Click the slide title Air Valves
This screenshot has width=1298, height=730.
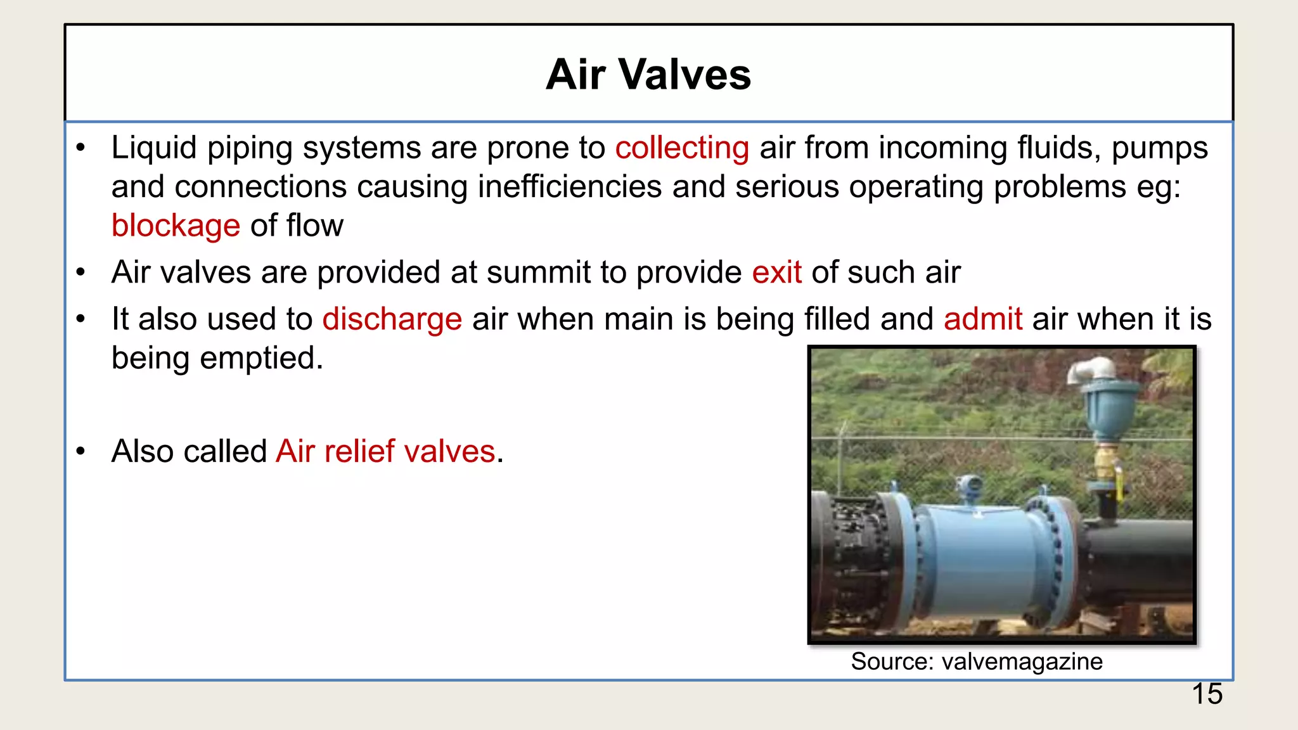(x=648, y=75)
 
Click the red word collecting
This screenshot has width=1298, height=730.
(x=682, y=148)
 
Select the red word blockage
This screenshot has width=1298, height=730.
(x=176, y=226)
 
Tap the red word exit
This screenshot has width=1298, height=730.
(x=776, y=273)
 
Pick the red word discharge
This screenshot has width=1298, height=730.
(x=392, y=319)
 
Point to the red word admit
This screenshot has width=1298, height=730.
(x=982, y=319)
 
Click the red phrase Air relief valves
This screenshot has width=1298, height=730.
(x=385, y=452)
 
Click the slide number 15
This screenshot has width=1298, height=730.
(x=1207, y=694)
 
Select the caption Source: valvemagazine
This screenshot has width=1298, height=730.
(x=976, y=662)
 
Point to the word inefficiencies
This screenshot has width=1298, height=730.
(x=570, y=187)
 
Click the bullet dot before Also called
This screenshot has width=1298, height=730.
(x=80, y=452)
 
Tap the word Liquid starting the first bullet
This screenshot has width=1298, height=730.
(x=154, y=148)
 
